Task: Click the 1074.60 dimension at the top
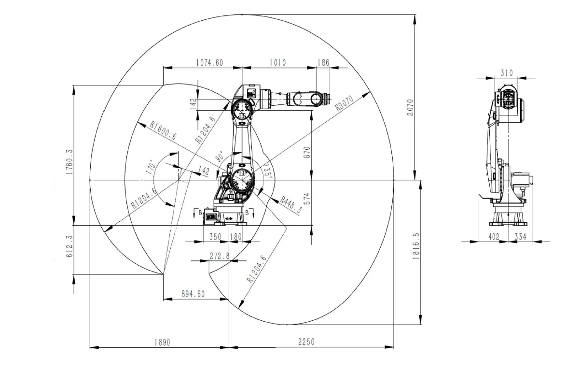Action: tap(209, 62)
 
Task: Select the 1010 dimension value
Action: tap(277, 62)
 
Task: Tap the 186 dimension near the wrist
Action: tap(323, 62)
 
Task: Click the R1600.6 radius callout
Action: tap(163, 130)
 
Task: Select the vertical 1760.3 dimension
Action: tap(69, 161)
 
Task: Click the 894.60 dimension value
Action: tap(193, 294)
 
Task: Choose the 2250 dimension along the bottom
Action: tap(305, 342)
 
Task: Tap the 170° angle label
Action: tap(150, 166)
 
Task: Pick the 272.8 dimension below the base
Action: tap(220, 256)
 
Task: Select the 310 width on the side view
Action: tap(506, 73)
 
